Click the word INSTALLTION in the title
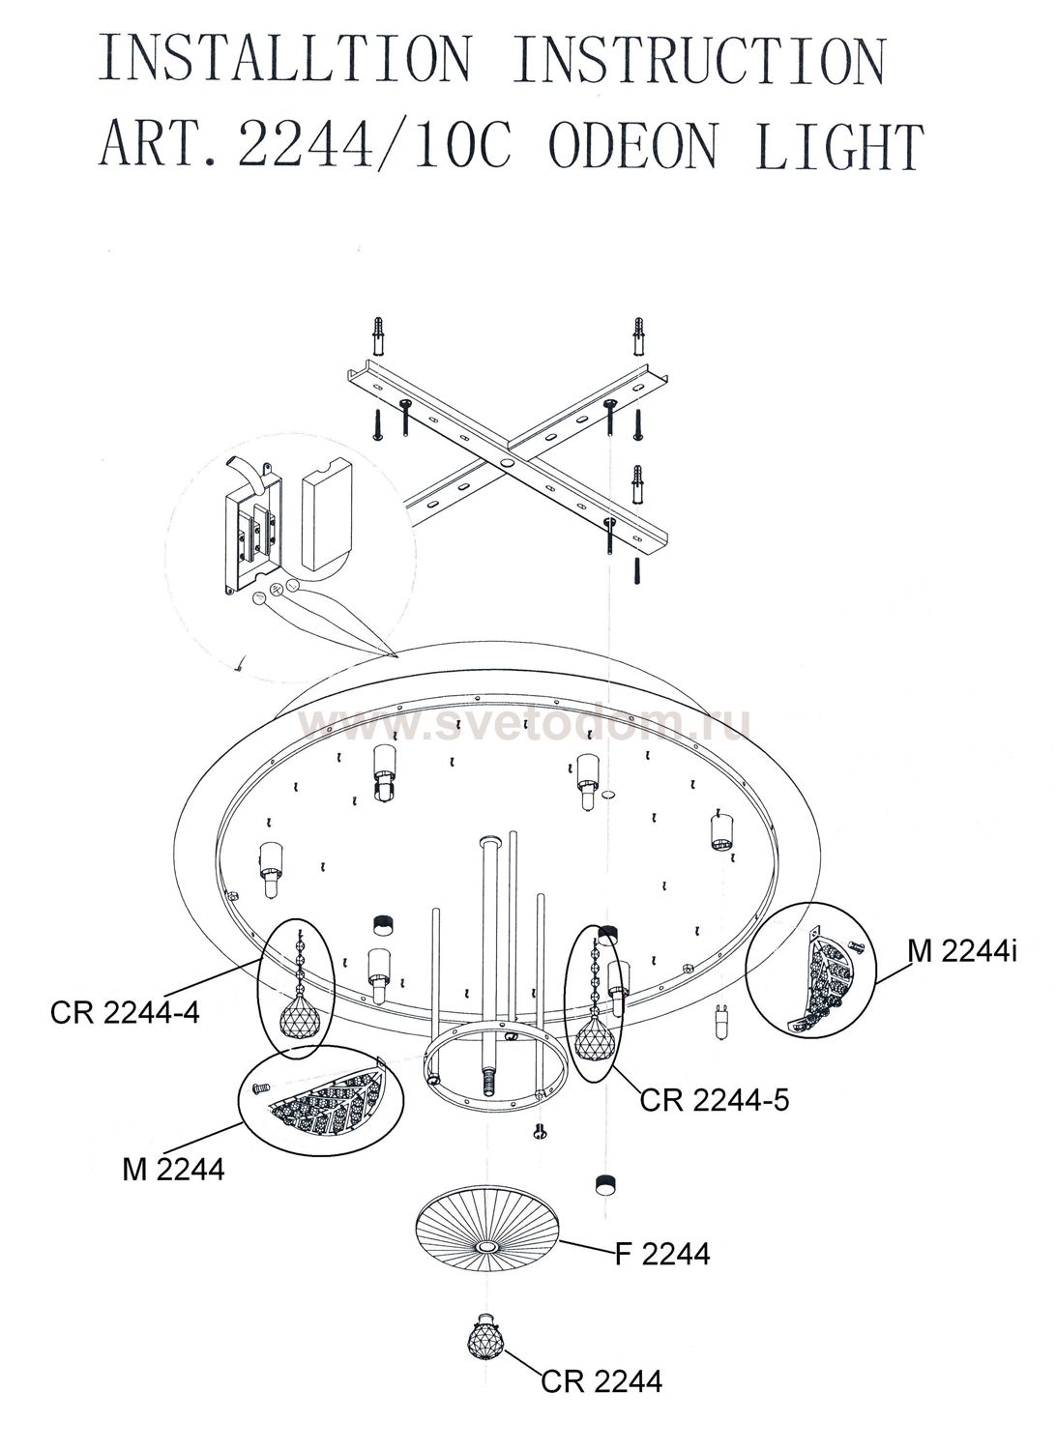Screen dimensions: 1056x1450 point(285,59)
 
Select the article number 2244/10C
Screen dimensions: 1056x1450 point(375,144)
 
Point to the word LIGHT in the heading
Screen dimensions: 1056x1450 point(838,145)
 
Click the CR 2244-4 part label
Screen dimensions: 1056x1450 point(125,1013)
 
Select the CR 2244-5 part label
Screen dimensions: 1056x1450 point(714,1100)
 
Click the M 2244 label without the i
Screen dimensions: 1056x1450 point(173,1169)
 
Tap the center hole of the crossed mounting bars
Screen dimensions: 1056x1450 point(508,464)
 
